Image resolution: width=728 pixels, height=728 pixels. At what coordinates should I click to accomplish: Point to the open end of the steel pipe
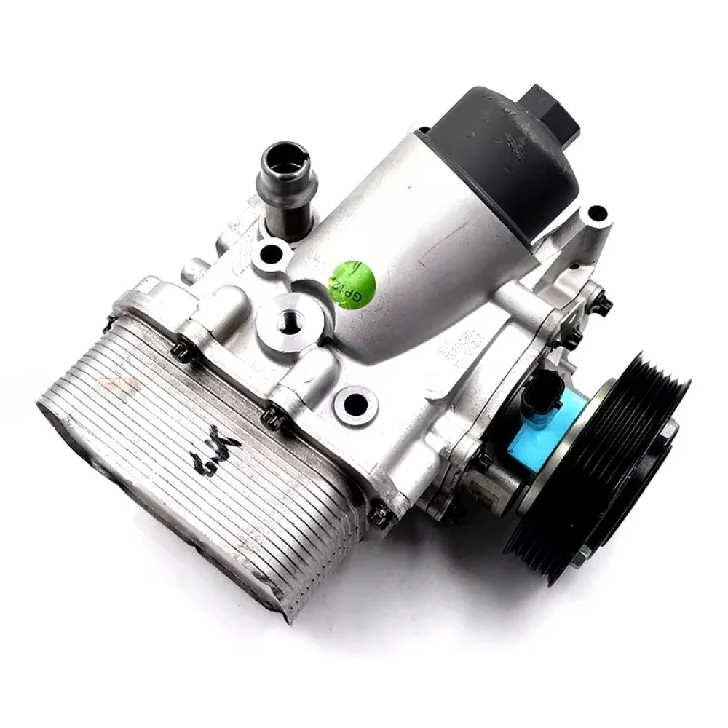[x=285, y=157]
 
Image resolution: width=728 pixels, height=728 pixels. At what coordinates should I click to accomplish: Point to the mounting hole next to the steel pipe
[x=271, y=254]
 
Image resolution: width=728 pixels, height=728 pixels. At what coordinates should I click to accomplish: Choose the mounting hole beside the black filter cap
[x=596, y=213]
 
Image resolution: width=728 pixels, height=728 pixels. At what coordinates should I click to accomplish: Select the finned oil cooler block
[x=189, y=466]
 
